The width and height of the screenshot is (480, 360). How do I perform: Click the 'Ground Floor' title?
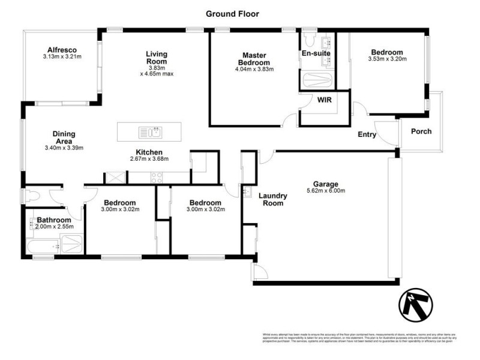pos(233,13)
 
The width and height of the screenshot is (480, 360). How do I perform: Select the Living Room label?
pos(157,58)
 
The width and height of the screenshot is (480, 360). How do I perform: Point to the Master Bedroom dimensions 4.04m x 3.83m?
pos(254,70)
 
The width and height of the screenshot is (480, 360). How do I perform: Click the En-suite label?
pos(316,54)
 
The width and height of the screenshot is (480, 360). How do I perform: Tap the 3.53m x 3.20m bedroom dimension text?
pos(387,59)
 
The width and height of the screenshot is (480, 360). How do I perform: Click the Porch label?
pos(421,131)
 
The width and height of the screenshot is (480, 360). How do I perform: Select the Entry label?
pos(367,135)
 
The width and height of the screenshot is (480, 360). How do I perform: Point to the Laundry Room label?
pos(273,199)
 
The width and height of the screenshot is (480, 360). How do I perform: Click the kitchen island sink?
pos(149,132)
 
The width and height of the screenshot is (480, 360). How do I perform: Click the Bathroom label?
pos(54,220)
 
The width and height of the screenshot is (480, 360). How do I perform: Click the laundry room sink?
pos(247,192)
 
